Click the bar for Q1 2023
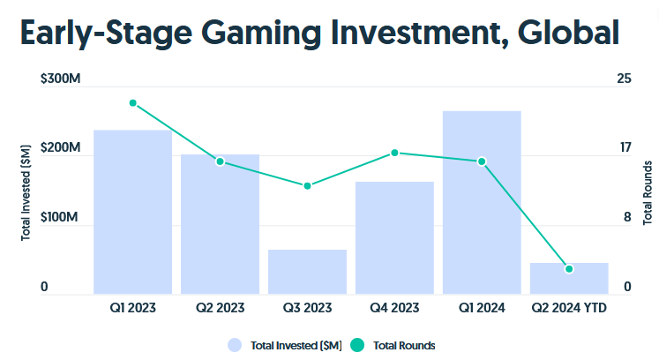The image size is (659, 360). pos(132,212)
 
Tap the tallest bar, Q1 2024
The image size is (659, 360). pos(482,202)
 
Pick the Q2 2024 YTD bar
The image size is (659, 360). pos(569,278)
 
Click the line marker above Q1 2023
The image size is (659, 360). pos(133,103)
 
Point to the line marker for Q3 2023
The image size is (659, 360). pos(307,186)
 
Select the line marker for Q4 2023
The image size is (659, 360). pos(394,153)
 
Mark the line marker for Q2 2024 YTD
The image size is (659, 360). pos(569,268)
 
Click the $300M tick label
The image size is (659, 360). pos(61,79)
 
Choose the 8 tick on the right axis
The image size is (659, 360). pos(627,217)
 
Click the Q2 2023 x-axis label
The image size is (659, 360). pos(220,308)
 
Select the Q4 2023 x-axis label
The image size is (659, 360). pos(394,308)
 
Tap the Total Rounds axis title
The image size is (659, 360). pos(648,191)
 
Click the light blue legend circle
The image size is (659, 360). pos(235,345)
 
